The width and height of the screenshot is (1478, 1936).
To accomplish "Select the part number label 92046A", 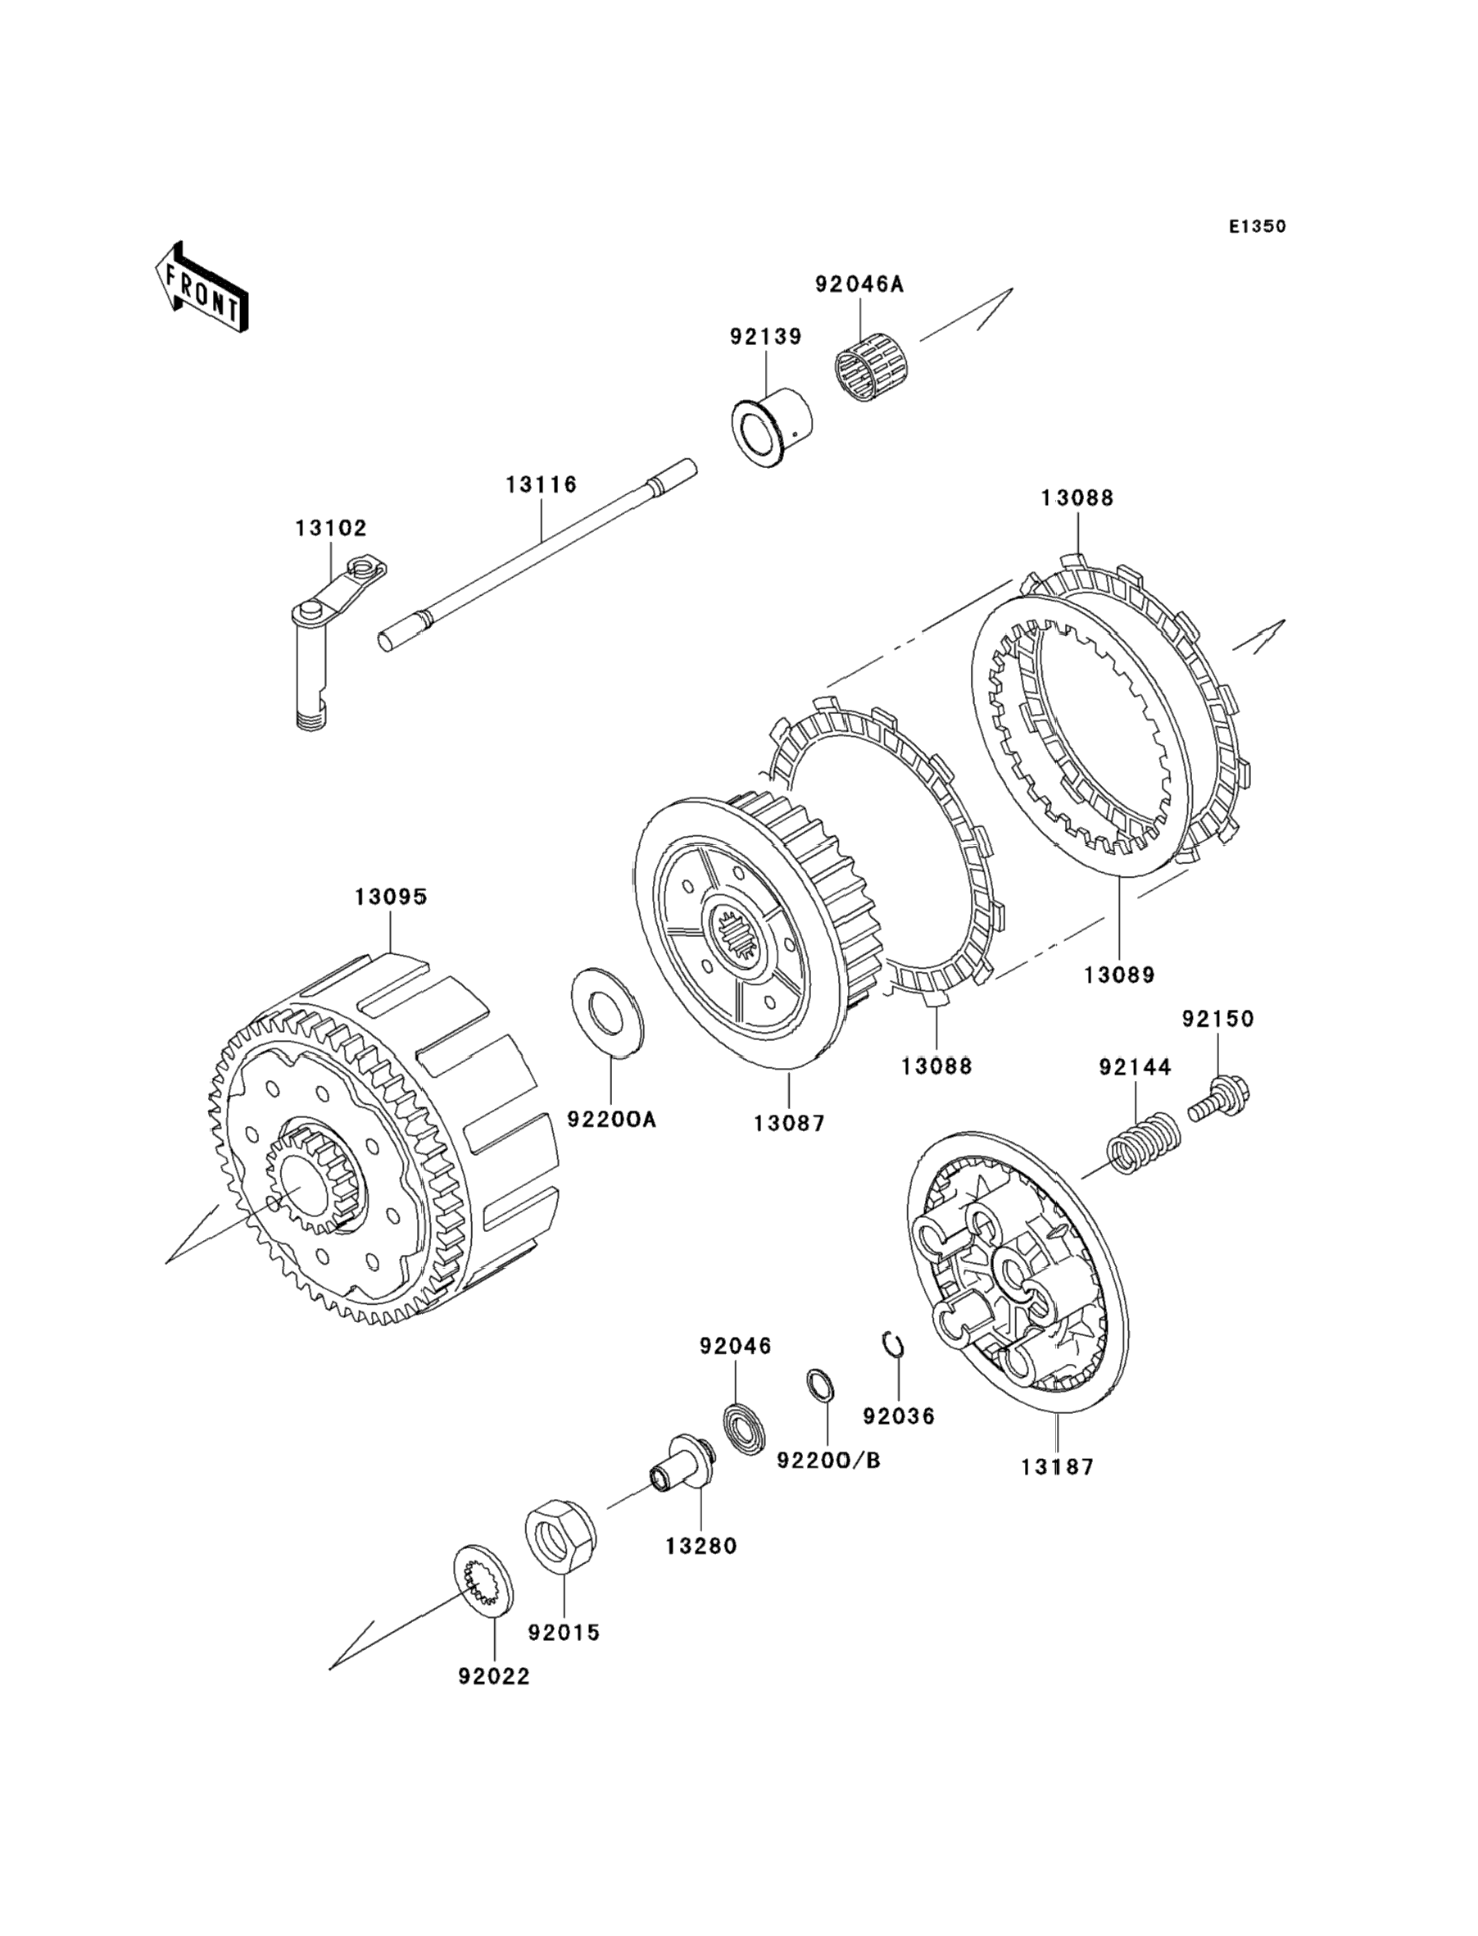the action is click(859, 284).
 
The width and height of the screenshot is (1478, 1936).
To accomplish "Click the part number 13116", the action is click(541, 484).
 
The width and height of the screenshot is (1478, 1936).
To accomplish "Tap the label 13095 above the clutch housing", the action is click(392, 897).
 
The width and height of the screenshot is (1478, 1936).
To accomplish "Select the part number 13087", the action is click(789, 1124).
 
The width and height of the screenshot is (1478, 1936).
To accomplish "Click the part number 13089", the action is click(1119, 975).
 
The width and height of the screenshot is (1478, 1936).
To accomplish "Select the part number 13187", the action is click(1058, 1467).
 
